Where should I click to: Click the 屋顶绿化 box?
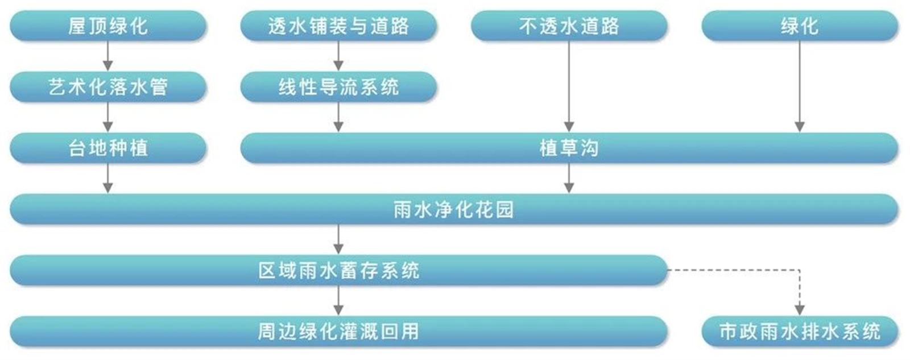[108, 26]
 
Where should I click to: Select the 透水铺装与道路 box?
[338, 26]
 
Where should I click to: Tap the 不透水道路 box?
[569, 26]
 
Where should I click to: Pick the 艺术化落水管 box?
[108, 87]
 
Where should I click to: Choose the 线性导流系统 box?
[338, 87]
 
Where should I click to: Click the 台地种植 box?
[108, 148]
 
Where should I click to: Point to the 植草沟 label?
[569, 148]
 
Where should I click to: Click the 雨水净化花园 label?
[453, 209]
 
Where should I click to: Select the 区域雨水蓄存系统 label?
[338, 270]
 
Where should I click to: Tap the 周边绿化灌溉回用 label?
[338, 331]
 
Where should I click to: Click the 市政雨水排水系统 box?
[799, 331]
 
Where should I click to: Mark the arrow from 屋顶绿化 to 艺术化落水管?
[108, 56]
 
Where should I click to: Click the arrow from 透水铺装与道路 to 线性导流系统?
[338, 56]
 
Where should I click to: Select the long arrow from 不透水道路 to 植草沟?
[569, 85]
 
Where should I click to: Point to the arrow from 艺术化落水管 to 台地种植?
[108, 117]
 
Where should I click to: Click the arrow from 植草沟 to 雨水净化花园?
[569, 179]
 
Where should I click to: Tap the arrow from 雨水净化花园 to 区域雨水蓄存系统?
[338, 239]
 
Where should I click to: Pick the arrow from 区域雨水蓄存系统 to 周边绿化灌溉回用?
[338, 301]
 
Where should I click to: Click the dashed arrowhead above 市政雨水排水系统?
[799, 309]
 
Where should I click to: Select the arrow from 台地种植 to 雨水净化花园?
[108, 179]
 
